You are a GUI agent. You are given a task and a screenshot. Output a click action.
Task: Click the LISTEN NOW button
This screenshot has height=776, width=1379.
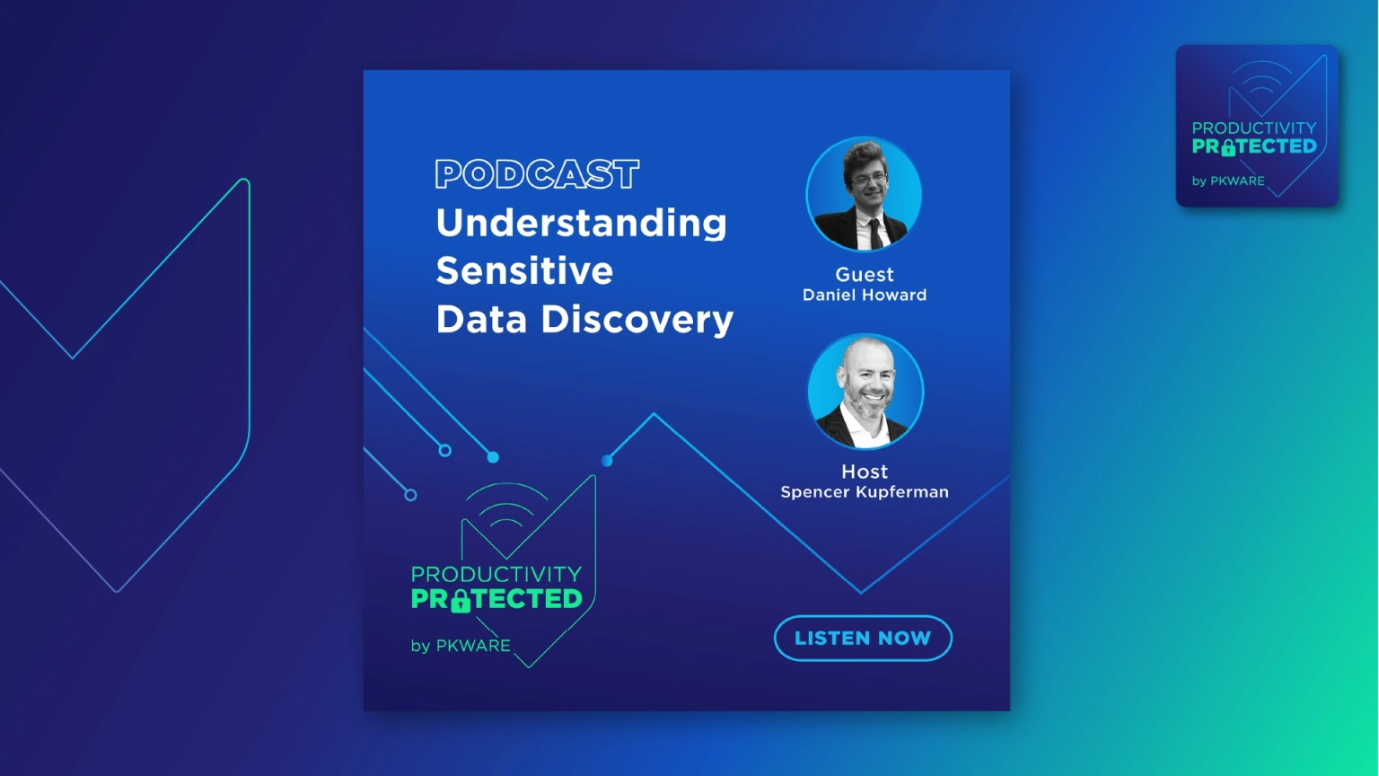pyautogui.click(x=863, y=638)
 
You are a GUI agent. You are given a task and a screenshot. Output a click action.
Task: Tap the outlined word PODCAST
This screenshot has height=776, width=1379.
pyautogui.click(x=537, y=173)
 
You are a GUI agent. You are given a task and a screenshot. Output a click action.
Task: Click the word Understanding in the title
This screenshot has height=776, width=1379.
pyautogui.click(x=581, y=223)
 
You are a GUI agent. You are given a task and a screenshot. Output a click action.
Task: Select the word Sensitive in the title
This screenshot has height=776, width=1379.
pyautogui.click(x=524, y=270)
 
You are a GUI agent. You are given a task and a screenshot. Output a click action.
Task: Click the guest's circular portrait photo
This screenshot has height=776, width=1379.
pyautogui.click(x=864, y=194)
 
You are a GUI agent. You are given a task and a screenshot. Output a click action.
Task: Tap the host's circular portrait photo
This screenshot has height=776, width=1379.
pyautogui.click(x=865, y=391)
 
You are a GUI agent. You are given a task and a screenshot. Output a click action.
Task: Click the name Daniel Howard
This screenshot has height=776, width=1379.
pyautogui.click(x=865, y=295)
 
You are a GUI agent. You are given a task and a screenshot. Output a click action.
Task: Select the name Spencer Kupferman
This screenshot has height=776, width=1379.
pyautogui.click(x=865, y=492)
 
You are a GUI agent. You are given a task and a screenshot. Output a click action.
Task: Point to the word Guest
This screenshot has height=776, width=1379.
pyautogui.click(x=865, y=274)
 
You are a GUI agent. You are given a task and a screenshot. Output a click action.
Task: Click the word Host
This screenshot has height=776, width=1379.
pyautogui.click(x=865, y=472)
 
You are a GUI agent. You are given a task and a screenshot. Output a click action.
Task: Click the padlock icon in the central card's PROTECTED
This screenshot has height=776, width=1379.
pyautogui.click(x=461, y=601)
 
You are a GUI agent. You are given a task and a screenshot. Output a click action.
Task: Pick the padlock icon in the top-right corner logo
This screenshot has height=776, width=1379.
pyautogui.click(x=1228, y=148)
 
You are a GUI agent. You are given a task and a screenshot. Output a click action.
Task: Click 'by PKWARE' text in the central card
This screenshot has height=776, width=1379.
pyautogui.click(x=461, y=646)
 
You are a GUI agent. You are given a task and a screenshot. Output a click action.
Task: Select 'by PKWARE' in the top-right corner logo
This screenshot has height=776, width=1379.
pyautogui.click(x=1228, y=181)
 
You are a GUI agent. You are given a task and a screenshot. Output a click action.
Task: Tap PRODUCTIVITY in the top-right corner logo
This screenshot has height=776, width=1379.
pyautogui.click(x=1254, y=128)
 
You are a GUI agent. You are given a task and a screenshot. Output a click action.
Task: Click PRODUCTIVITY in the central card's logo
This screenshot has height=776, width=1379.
pyautogui.click(x=496, y=574)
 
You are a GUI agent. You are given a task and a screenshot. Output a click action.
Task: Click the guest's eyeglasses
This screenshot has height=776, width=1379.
pyautogui.click(x=869, y=180)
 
